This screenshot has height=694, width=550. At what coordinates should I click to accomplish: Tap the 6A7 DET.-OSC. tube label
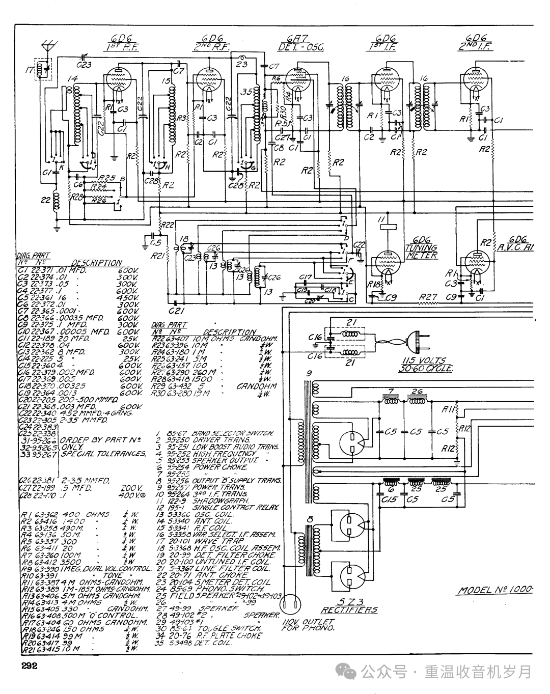tap(301, 43)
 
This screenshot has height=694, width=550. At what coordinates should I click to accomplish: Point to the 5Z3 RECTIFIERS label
tap(349, 606)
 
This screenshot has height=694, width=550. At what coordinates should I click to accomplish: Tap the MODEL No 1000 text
tap(494, 590)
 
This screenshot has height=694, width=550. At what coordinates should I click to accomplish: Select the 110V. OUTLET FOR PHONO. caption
tap(308, 625)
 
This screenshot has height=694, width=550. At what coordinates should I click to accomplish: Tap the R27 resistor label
tap(428, 296)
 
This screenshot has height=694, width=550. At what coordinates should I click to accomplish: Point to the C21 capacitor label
tap(176, 310)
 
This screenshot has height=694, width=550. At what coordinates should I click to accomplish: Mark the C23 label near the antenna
tap(85, 64)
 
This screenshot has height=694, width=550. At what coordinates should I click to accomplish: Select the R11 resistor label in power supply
tap(448, 408)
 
